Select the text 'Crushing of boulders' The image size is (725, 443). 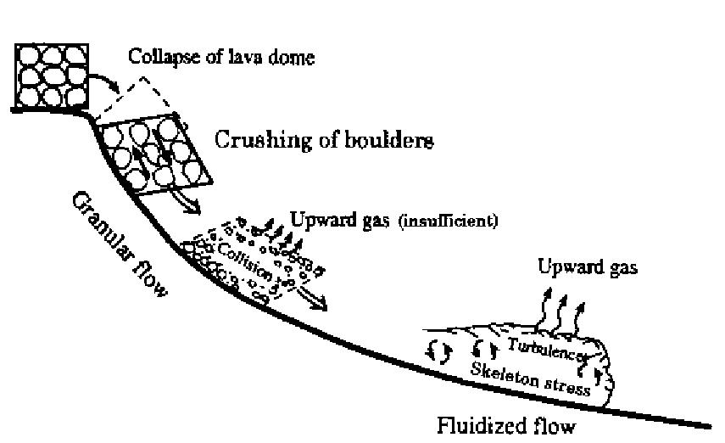coord(325,140)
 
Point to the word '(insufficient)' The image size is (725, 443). coord(450,222)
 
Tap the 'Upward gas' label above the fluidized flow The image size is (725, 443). coord(587,267)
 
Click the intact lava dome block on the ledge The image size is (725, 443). coord(51,76)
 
